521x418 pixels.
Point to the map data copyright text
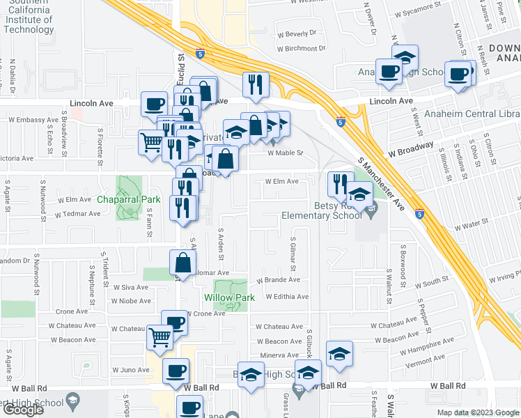[x=478, y=412]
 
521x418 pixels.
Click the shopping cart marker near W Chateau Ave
[x=160, y=339]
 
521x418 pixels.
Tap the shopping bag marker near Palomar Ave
[x=182, y=263]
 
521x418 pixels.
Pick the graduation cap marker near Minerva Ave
[x=339, y=353]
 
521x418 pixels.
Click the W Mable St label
[x=286, y=153]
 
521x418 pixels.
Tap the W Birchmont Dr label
[x=301, y=49]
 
